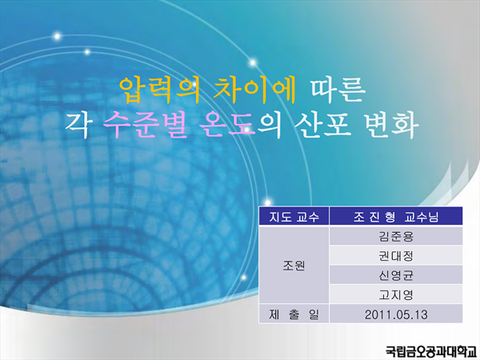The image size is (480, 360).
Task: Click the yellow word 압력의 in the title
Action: pos(159,90)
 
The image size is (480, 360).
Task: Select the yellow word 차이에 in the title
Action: pos(254,90)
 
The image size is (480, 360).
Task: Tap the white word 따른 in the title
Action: pos(338,90)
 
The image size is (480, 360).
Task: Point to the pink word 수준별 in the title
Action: pos(146,126)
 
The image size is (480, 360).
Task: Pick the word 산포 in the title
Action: pos(322,126)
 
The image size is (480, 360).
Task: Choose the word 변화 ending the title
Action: pos(391,126)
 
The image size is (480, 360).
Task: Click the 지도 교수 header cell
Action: pos(294,217)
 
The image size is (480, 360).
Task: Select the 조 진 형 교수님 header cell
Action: pos(396,217)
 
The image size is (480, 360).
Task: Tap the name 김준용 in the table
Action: pos(396,236)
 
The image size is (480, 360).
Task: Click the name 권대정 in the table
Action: pos(396,256)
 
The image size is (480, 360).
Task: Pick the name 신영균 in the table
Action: pos(396,275)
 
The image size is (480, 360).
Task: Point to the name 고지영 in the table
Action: pos(396,294)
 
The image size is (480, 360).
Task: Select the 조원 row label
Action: pos(294,266)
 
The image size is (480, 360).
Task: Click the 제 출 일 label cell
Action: pos(294,314)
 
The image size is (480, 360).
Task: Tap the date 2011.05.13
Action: pos(396,314)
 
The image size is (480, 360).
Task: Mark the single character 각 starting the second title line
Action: pos(77,126)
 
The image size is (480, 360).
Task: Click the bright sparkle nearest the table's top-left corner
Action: pos(267,202)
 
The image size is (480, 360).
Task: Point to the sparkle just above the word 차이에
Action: pos(253,62)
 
